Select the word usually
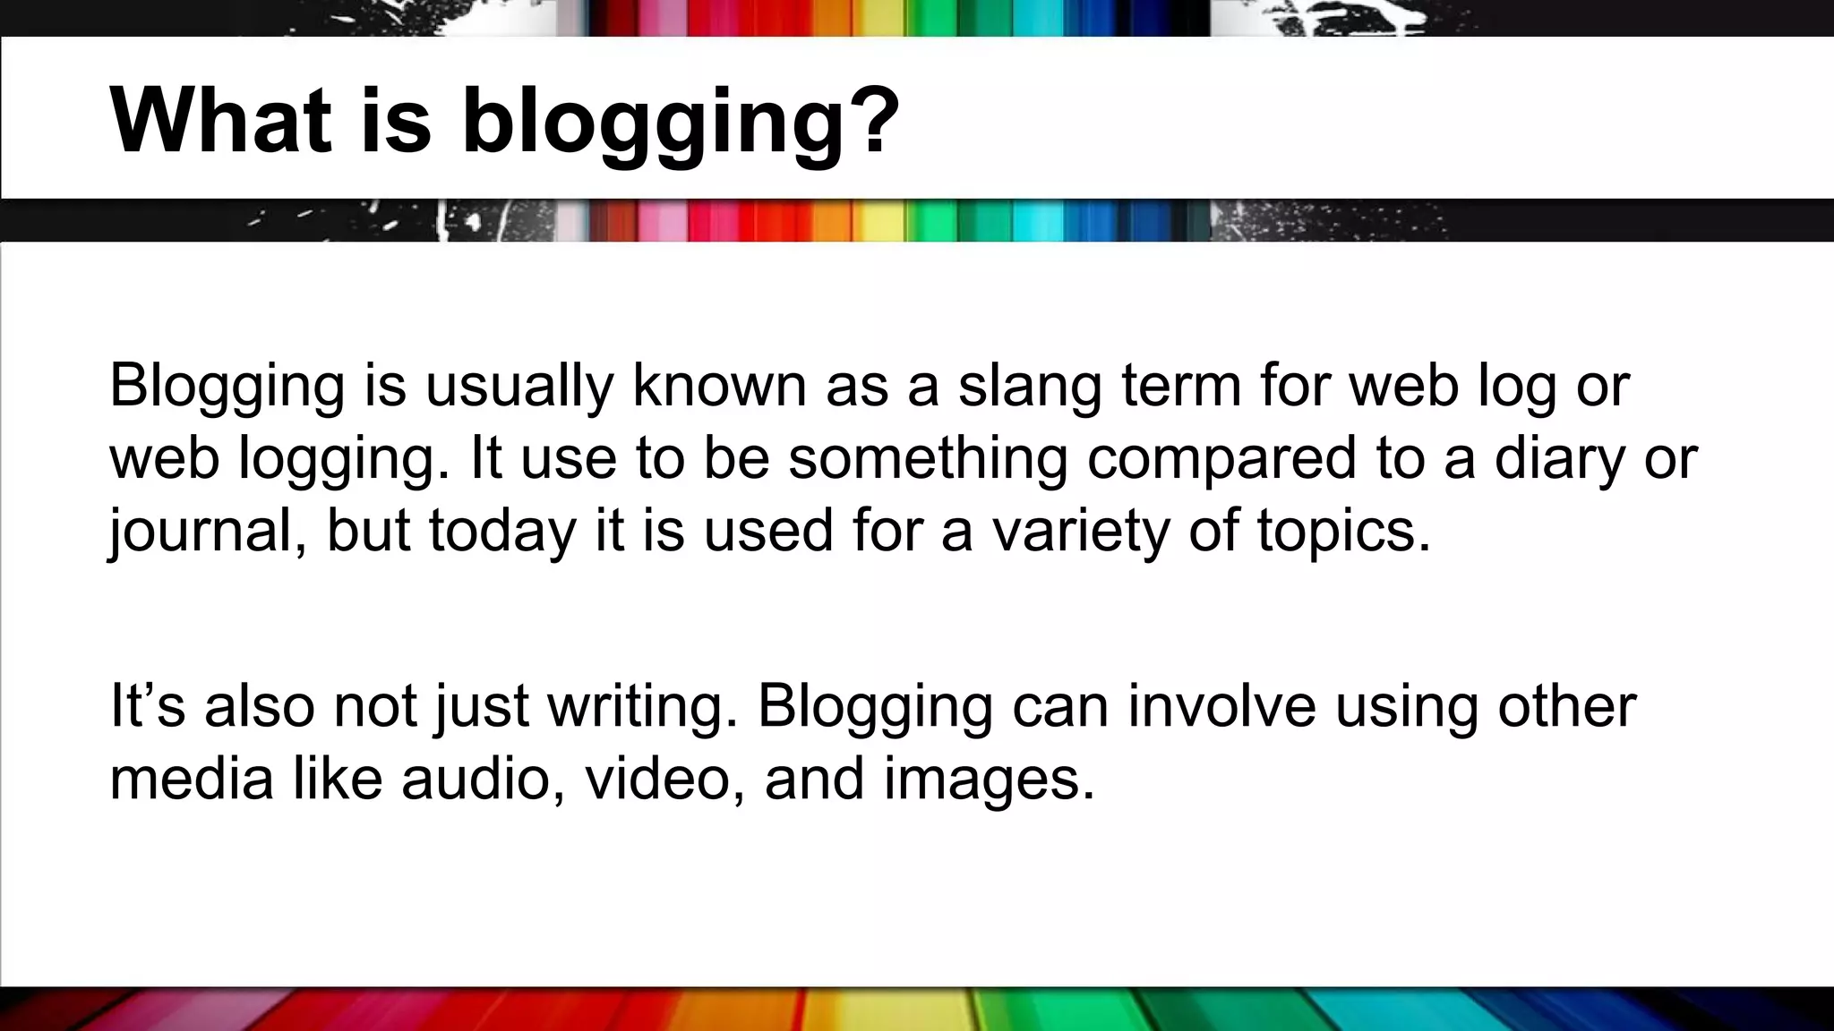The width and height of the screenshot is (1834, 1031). pos(518,387)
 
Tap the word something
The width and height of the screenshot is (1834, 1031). pos(928,458)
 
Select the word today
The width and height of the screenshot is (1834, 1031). pos(502,532)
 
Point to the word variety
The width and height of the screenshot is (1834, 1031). pos(1079,532)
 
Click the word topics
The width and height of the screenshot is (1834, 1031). pos(1343,532)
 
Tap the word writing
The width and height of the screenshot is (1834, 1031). pos(642,707)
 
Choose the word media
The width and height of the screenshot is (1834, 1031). pos(191,778)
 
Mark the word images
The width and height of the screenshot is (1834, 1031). pos(989,780)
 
